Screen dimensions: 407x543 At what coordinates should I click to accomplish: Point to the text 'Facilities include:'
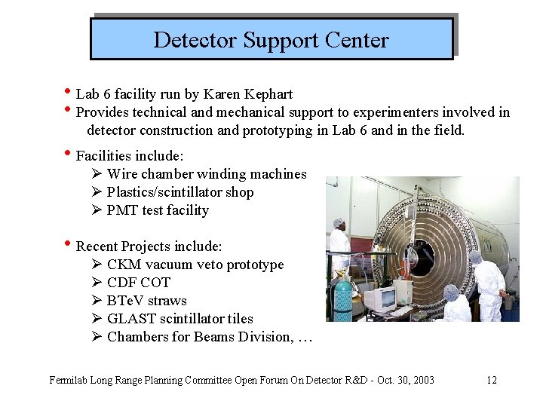click(129, 156)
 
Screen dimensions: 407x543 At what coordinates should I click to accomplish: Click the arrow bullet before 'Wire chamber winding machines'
click(97, 174)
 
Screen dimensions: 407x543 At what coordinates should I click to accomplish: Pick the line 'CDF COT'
click(139, 283)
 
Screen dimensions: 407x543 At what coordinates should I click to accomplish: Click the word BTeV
click(126, 301)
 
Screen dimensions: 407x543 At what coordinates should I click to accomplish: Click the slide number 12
click(492, 380)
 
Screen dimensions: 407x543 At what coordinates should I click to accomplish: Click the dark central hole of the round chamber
click(422, 257)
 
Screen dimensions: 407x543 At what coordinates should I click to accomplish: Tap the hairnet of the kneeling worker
click(451, 291)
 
